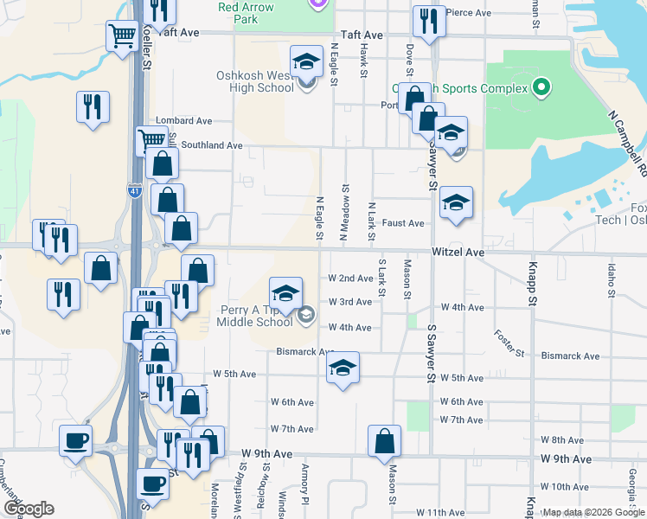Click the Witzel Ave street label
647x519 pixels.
458,252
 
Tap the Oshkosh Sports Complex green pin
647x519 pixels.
541,86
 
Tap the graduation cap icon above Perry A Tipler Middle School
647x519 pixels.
285,292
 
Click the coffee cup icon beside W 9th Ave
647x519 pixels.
75,440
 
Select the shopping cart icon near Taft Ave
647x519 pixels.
122,36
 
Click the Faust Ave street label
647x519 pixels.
404,223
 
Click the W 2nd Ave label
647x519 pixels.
349,279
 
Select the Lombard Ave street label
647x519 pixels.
183,121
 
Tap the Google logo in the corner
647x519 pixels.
29,509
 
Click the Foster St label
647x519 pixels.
509,343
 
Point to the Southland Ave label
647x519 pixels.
212,145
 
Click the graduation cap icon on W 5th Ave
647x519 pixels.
343,368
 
